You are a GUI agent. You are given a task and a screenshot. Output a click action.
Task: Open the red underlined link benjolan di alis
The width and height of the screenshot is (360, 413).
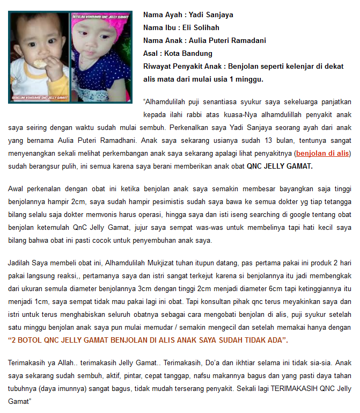(x=323, y=153)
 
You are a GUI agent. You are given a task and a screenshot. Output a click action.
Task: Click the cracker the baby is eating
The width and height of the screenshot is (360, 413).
(x=38, y=63)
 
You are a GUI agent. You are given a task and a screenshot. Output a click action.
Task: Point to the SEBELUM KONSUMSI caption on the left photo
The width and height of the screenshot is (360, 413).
(x=37, y=99)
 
